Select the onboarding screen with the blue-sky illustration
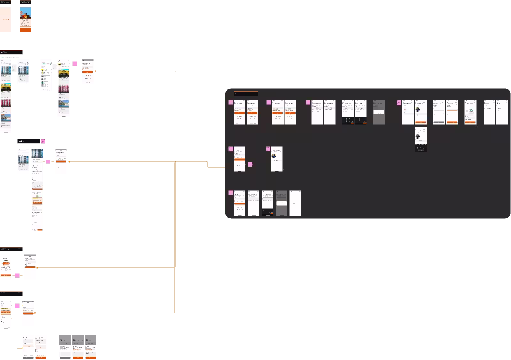[x=26, y=19]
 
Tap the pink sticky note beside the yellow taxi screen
[x=75, y=64]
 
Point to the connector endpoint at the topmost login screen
[x=95, y=71]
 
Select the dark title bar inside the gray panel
[x=246, y=94]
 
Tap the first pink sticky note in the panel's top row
[x=231, y=102]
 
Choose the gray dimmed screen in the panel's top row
[x=379, y=112]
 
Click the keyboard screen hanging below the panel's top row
[x=420, y=139]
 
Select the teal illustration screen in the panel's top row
[x=470, y=112]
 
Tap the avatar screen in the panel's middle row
[x=277, y=159]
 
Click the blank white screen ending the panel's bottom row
[x=295, y=203]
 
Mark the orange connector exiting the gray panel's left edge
[x=216, y=167]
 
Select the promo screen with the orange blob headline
[x=6, y=266]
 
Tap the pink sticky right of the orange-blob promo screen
[x=17, y=275]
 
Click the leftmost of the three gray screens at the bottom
[x=65, y=347]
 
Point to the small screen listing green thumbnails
[x=46, y=76]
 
